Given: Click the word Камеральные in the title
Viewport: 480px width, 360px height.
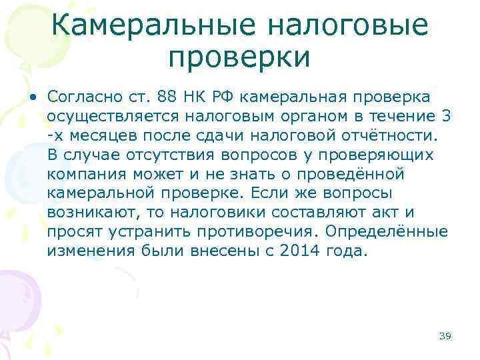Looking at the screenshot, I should [x=155, y=26].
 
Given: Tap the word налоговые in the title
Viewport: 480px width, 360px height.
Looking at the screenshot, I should [x=348, y=26].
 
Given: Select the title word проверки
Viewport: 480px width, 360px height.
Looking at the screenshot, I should [x=239, y=58].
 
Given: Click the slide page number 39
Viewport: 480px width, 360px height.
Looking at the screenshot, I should [x=445, y=336].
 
